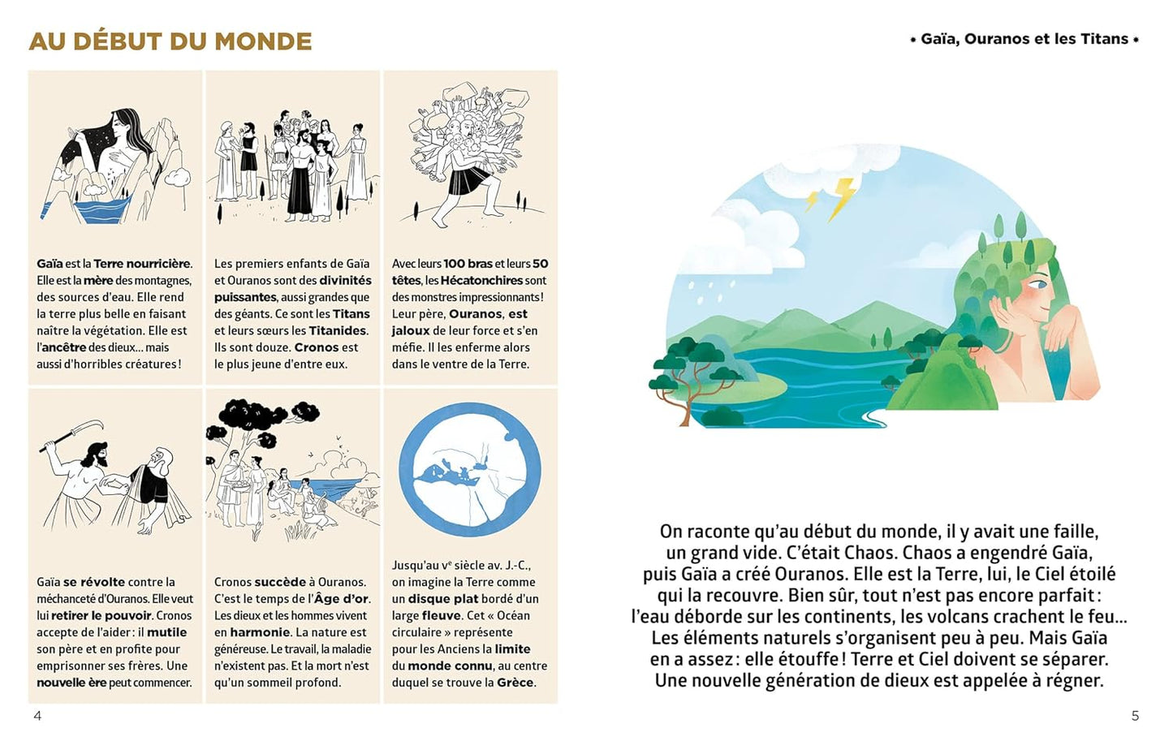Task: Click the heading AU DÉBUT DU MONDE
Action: (170, 41)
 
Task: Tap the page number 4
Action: (37, 715)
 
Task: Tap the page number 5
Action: (1135, 715)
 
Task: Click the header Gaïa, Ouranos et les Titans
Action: (1024, 39)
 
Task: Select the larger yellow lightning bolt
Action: (841, 197)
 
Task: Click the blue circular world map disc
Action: (470, 470)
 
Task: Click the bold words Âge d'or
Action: (341, 599)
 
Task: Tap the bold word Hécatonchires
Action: (481, 280)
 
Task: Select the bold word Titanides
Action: (338, 330)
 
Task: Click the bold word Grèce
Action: (515, 683)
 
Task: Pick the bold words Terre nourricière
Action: (142, 264)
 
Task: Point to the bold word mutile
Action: (166, 632)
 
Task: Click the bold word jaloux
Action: (411, 330)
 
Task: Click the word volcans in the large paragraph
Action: (956, 616)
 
